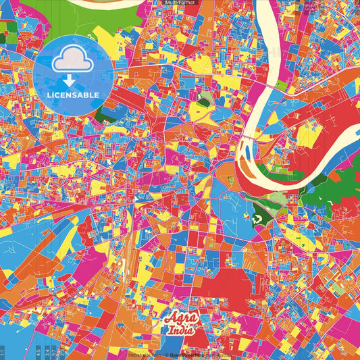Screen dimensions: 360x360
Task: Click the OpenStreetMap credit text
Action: [190, 355]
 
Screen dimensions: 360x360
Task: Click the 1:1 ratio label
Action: [3, 352]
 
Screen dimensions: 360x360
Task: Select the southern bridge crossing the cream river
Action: [251, 138]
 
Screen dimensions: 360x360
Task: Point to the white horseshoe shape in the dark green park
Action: [257, 218]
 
